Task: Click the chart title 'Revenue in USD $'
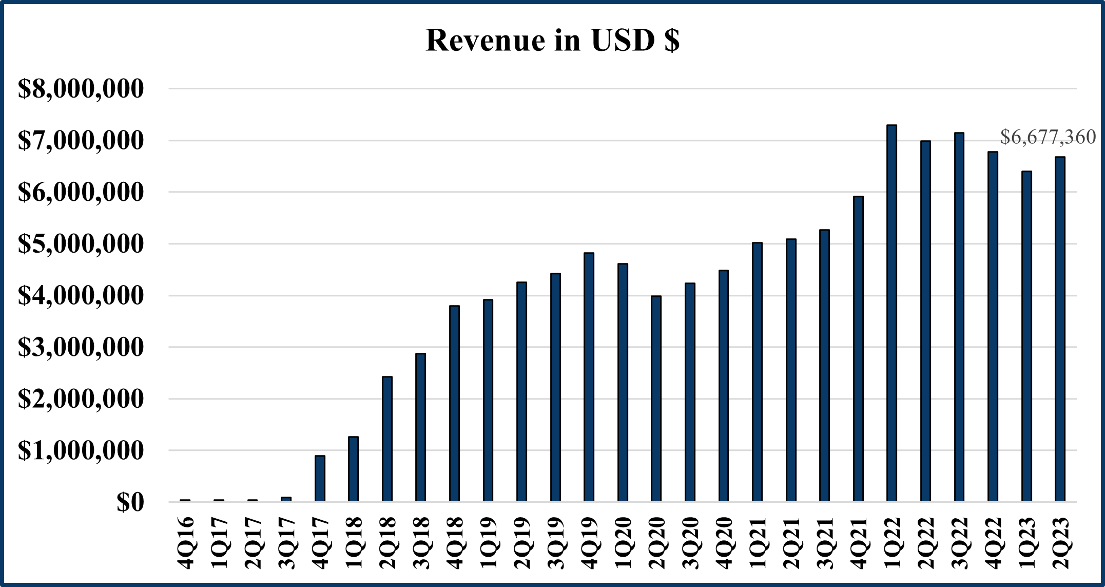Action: [552, 40]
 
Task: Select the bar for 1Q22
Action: [891, 313]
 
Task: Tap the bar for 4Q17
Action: [320, 478]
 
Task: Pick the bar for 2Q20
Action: [656, 399]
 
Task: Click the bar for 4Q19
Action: [589, 377]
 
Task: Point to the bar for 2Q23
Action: [1060, 329]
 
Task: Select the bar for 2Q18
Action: [387, 439]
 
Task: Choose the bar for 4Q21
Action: [858, 349]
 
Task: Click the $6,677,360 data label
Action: [1048, 137]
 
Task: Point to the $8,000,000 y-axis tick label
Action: [81, 89]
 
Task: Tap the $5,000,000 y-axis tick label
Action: [81, 244]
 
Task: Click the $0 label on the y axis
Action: [130, 503]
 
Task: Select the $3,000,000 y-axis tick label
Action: [81, 348]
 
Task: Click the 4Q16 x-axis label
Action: [186, 542]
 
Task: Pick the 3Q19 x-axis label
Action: [556, 542]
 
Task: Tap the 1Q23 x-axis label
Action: [1027, 542]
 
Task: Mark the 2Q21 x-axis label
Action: [791, 542]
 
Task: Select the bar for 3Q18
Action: [420, 427]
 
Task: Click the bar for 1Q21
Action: [757, 372]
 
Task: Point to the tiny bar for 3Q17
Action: [286, 499]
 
